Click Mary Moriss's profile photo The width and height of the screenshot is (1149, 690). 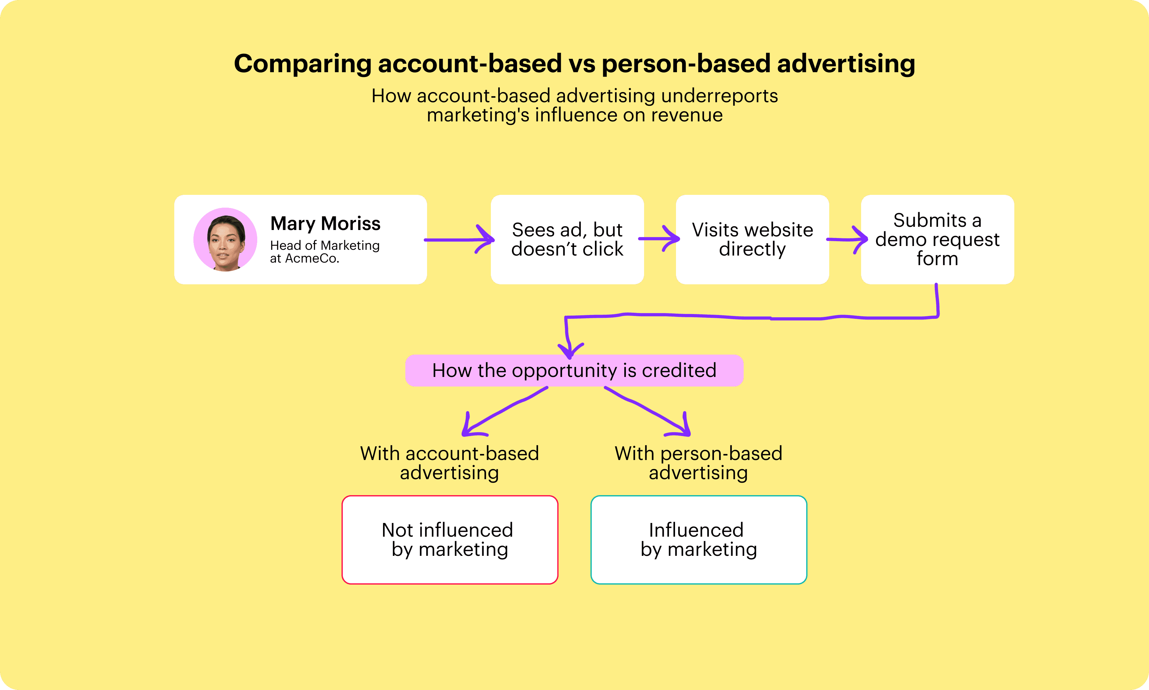pos(225,240)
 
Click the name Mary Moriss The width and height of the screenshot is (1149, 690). pos(325,224)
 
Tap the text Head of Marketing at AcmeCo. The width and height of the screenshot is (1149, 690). pos(325,251)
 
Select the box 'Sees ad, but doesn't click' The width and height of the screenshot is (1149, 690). pos(567,240)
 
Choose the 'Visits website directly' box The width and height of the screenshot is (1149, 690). pos(752,240)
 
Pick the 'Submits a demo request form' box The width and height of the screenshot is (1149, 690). pos(937,240)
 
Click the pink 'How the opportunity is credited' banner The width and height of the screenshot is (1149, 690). pos(574,371)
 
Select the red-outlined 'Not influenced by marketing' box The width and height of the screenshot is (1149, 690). pos(450,540)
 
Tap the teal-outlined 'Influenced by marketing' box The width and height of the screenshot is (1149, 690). pos(699,540)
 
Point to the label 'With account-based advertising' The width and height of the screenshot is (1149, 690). pos(450,463)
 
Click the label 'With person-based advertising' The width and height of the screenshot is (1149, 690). pos(699,463)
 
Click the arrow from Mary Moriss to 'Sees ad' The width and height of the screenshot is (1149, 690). pos(459,240)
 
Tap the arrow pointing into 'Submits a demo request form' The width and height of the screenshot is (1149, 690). pos(847,240)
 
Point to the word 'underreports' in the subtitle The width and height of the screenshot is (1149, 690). pos(719,96)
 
